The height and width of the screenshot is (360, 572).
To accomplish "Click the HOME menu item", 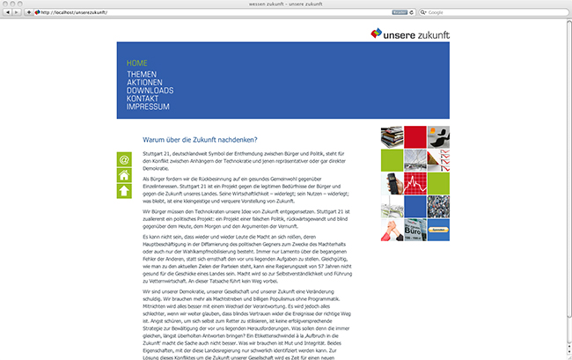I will point(136,63).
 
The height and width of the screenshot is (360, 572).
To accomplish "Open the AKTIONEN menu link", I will point(146,83).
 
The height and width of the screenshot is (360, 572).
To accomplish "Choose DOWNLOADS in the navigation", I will point(150,91).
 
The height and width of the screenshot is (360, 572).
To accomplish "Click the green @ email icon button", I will point(124,159).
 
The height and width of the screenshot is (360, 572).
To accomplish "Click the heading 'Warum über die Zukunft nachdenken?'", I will point(200,139).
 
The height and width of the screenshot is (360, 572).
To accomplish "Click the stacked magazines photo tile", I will point(392,137).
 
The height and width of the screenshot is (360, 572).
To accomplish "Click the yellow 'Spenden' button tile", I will point(437,230).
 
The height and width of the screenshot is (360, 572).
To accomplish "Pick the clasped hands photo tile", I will point(392,230).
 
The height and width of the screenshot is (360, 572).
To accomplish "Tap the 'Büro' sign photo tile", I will point(414,230).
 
